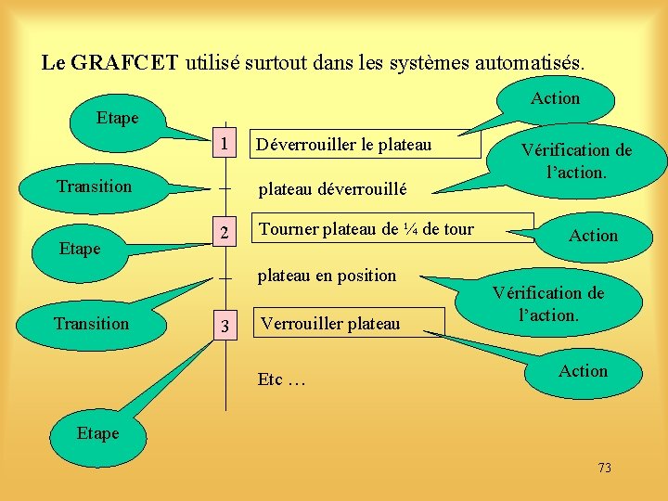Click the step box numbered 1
click(224, 145)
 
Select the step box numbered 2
click(225, 232)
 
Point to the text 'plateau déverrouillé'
click(332, 190)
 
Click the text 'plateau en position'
click(327, 276)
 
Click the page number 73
click(605, 468)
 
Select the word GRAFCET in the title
click(125, 63)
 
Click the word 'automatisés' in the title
click(528, 63)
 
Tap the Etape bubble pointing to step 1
click(118, 119)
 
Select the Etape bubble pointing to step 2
click(79, 249)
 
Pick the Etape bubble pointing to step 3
click(97, 434)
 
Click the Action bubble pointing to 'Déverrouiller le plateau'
click(555, 98)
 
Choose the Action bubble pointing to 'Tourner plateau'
click(593, 236)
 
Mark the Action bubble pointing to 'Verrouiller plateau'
click(583, 371)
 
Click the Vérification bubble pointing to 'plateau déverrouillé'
click(576, 161)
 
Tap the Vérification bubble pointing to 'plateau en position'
click(547, 304)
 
